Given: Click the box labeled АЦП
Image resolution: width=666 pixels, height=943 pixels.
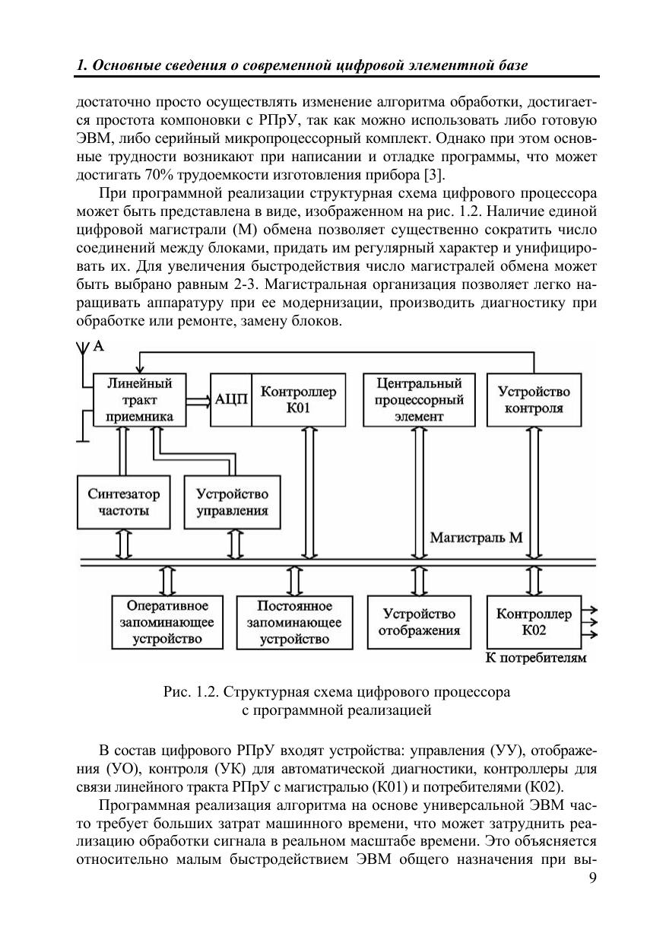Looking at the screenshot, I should (231, 399).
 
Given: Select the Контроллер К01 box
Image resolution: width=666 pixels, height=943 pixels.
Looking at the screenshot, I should (298, 399).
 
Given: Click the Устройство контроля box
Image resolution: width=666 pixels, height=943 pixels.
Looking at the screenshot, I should (534, 399).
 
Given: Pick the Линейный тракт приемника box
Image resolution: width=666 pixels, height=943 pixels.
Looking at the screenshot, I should (139, 399).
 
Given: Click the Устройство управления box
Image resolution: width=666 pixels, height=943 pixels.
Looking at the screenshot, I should (231, 502).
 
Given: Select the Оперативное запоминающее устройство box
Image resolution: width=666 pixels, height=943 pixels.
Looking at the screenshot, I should (167, 621).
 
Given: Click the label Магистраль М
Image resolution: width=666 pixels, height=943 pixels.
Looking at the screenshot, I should (476, 538).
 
